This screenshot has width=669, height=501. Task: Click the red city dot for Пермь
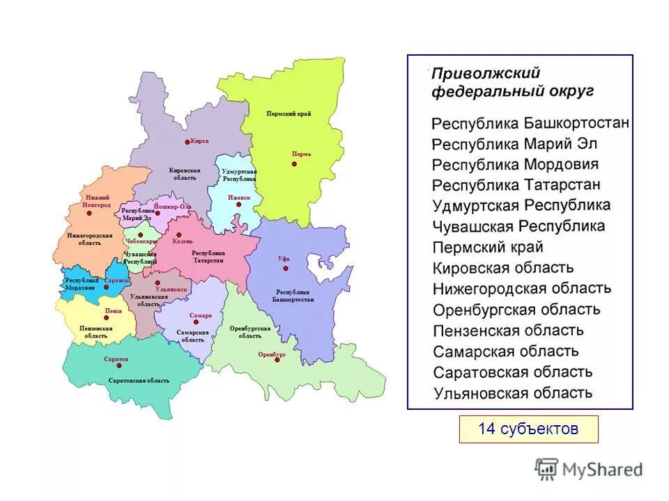pos(295,164)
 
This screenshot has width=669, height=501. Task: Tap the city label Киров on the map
pos(199,141)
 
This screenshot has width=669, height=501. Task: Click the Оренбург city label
pos(272,354)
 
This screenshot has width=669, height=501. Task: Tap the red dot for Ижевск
pos(239,207)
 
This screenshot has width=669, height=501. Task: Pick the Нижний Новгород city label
pos(96,201)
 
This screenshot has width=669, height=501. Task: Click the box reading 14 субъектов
pos(528,429)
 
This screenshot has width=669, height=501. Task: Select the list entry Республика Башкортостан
pos(530,124)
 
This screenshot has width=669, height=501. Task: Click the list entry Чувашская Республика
pos(518,226)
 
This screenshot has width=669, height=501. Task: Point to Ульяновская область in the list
pos(513,392)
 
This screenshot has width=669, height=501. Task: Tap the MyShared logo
pos(589,469)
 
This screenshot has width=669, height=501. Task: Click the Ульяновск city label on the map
pos(172,288)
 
